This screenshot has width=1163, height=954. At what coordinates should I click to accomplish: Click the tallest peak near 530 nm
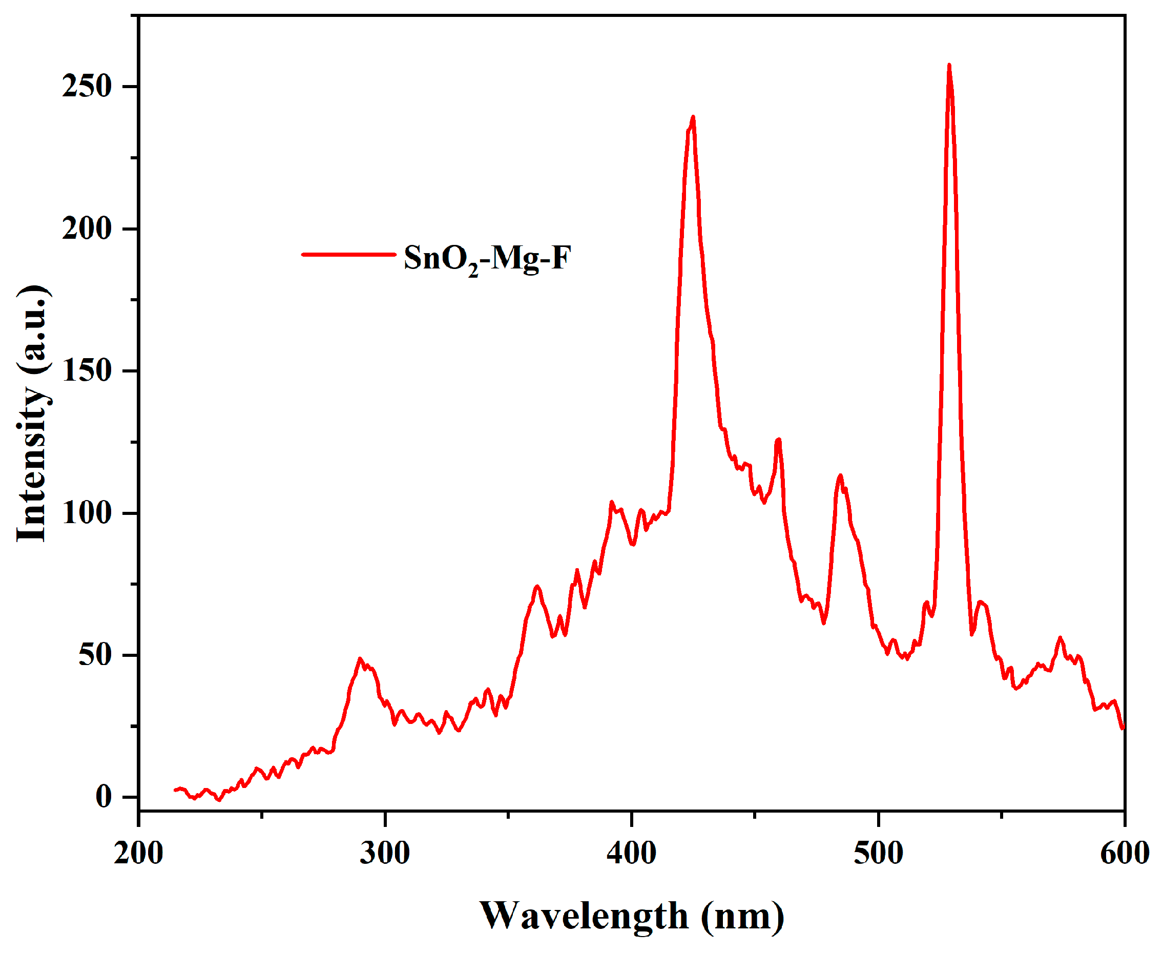pos(949,66)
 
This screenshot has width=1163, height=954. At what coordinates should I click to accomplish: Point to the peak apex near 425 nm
pos(693,117)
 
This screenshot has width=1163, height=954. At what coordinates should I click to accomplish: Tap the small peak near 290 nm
pos(360,659)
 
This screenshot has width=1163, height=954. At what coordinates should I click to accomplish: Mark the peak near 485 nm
pos(840,476)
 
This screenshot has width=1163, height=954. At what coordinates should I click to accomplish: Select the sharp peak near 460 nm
pos(778,440)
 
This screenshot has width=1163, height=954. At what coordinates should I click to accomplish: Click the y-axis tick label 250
pos(87,86)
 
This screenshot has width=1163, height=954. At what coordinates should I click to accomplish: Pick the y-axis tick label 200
pos(87,229)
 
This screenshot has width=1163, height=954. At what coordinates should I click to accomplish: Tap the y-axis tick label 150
pos(87,371)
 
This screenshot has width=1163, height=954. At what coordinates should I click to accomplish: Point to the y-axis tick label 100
pos(87,513)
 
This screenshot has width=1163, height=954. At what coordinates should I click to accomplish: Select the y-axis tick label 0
pos(104,797)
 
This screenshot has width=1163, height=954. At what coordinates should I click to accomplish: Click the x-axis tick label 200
pos(138,854)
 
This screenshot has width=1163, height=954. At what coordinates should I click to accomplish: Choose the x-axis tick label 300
pos(385,854)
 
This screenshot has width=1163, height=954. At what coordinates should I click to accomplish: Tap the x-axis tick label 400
pos(632,854)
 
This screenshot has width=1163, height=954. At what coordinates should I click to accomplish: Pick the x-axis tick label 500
pos(879,854)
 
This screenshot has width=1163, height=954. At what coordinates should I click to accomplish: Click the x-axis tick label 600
pos(1124,854)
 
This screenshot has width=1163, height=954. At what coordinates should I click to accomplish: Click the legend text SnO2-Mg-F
pos(488,258)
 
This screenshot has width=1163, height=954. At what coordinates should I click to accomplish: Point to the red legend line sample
pos(349,255)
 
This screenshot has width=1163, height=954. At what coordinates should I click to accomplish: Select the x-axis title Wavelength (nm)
pos(632,916)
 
